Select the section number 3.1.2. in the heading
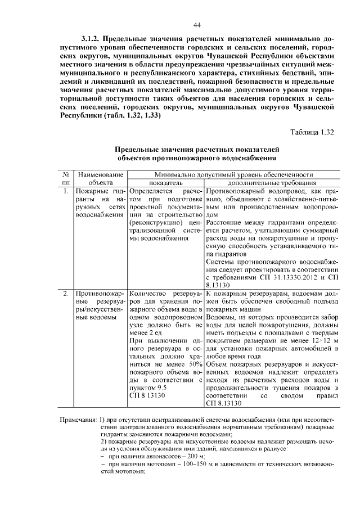[x=92, y=39]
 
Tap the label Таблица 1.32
[x=312, y=133]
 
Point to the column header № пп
[x=66, y=179]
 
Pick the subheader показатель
[x=165, y=183]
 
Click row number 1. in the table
[x=66, y=191]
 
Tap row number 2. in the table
[x=66, y=294]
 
